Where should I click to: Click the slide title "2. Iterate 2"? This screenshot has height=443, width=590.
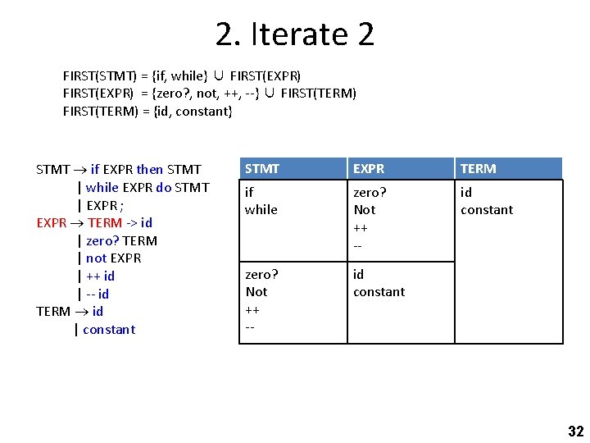click(x=295, y=34)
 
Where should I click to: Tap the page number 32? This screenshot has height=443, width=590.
click(x=575, y=432)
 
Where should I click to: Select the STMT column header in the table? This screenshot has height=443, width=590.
click(x=262, y=169)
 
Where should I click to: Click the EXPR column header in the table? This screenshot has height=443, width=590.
click(x=369, y=169)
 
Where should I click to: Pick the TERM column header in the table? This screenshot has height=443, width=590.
click(x=478, y=169)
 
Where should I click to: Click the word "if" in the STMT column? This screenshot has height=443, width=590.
click(x=249, y=193)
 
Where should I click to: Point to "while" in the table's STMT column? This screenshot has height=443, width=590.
click(x=261, y=210)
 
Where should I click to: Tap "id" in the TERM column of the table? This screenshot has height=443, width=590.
click(x=465, y=193)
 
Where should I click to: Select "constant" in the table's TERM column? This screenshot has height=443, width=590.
click(x=487, y=210)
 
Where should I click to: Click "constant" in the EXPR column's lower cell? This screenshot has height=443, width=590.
click(x=379, y=292)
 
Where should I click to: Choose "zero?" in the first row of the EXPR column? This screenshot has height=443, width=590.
click(x=370, y=193)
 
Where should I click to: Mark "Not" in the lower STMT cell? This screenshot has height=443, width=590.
click(x=256, y=292)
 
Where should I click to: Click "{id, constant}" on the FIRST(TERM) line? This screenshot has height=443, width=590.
click(x=193, y=111)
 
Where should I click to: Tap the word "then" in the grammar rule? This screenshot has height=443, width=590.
click(x=149, y=170)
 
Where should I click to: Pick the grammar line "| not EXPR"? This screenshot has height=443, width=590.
click(x=109, y=258)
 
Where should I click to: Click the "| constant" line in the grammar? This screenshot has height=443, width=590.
click(x=105, y=329)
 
